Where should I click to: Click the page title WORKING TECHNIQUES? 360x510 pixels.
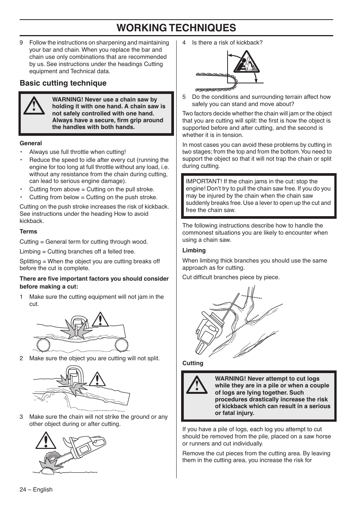(176, 28)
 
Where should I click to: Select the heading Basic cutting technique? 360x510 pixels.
(63, 83)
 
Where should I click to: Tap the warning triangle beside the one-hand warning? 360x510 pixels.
(33, 106)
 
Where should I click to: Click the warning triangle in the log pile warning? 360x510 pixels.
(196, 386)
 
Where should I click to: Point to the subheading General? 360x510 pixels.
(31, 143)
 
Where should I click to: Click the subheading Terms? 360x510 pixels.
(28, 232)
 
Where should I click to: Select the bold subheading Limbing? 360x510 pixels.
(194, 250)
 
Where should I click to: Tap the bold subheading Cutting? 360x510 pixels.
(192, 363)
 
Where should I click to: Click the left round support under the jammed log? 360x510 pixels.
(43, 345)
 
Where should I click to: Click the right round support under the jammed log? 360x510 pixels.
(121, 345)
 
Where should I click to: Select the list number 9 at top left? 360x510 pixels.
(22, 43)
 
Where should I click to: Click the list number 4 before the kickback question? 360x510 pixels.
(184, 43)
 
